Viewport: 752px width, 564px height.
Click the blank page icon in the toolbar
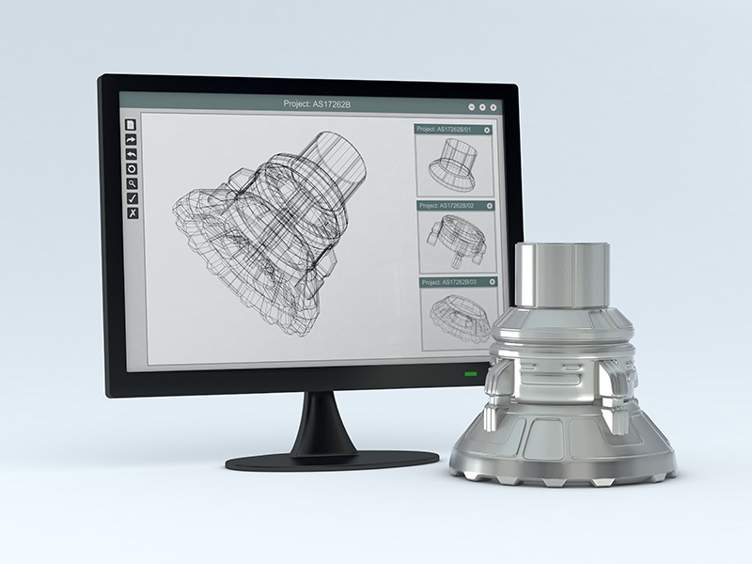pos(131,125)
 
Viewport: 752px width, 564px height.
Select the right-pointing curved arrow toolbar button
pos(131,139)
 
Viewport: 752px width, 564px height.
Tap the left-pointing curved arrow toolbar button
pos(132,154)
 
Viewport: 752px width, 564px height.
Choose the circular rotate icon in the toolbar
pos(132,169)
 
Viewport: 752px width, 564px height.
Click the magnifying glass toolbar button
pos(133,183)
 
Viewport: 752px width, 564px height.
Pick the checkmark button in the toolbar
pos(133,198)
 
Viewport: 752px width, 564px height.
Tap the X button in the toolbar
pos(133,213)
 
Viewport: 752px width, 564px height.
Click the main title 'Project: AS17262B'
pos(317,103)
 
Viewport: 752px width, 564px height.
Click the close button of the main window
pos(493,107)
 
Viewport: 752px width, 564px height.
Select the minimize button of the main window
pos(472,107)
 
